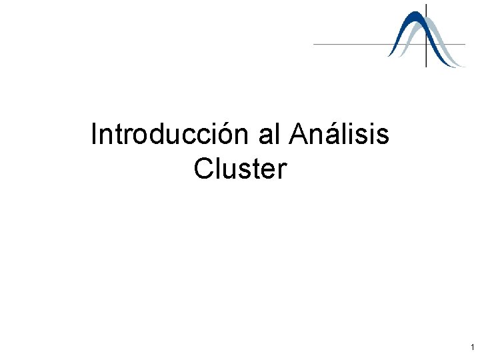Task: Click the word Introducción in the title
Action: pyautogui.click(x=170, y=135)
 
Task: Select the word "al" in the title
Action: pyautogui.click(x=270, y=135)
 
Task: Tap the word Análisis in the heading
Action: pyautogui.click(x=339, y=135)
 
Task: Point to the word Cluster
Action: pyautogui.click(x=240, y=169)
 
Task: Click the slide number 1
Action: pyautogui.click(x=472, y=347)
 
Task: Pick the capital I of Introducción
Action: pyautogui.click(x=94, y=135)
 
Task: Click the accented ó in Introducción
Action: pyautogui.click(x=231, y=135)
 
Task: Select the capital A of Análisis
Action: pyautogui.click(x=298, y=135)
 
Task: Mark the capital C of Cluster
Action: pyautogui.click(x=203, y=169)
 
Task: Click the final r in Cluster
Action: pyautogui.click(x=282, y=171)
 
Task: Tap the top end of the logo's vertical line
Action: pyautogui.click(x=427, y=5)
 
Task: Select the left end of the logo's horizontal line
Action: pyautogui.click(x=314, y=44)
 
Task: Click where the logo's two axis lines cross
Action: pyautogui.click(x=427, y=44)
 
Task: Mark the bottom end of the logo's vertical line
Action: pyautogui.click(x=427, y=67)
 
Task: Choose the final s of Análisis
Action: pyautogui.click(x=383, y=136)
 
